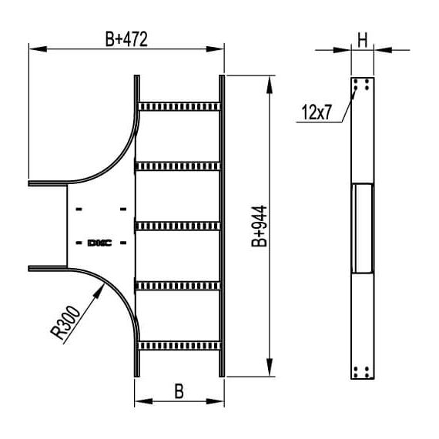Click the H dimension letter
362,37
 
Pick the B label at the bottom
179,390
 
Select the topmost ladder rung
179,105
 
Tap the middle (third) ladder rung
179,226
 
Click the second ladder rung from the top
179,165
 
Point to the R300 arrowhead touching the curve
102,287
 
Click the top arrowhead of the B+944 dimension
268,81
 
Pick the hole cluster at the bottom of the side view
362,371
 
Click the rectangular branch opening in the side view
362,227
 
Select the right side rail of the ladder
222,226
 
